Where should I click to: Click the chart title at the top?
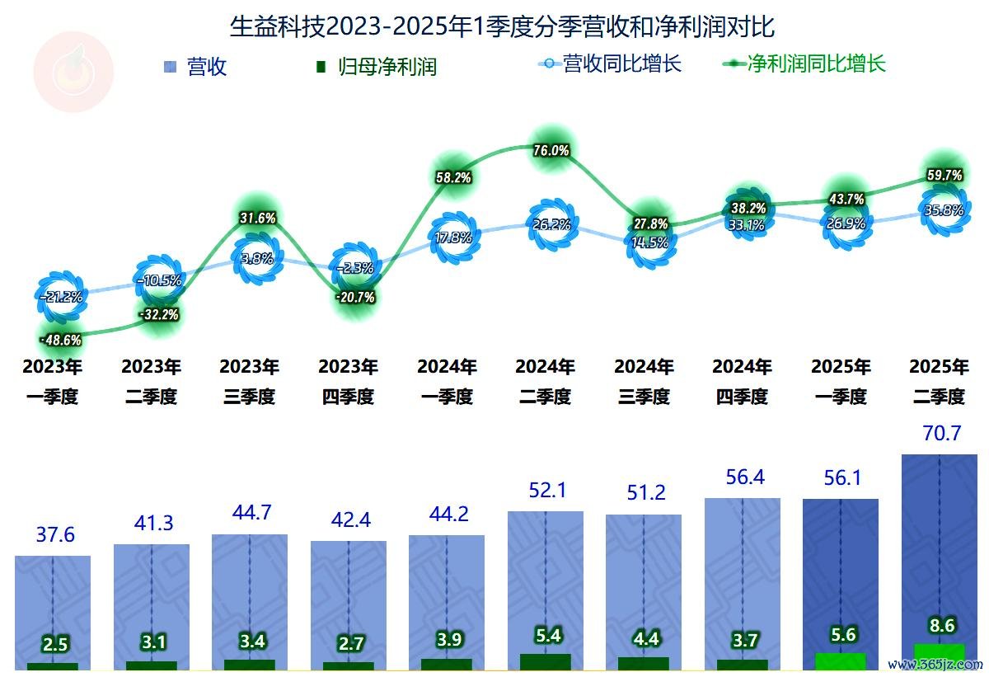(502, 26)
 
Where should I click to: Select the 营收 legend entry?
(196, 67)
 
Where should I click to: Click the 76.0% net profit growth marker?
(551, 150)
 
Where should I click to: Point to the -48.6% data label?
(61, 339)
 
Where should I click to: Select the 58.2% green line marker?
(452, 176)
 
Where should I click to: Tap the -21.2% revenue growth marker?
(61, 297)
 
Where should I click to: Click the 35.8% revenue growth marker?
(944, 210)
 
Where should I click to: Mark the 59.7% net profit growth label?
(944, 175)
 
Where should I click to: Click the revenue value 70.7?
(943, 433)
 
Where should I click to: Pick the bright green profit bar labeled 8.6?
(939, 657)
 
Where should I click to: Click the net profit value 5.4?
(549, 635)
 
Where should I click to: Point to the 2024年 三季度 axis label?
(644, 381)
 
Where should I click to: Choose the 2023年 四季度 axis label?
(348, 381)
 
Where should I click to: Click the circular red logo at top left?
(73, 73)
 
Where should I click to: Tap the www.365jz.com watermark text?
(935, 664)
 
